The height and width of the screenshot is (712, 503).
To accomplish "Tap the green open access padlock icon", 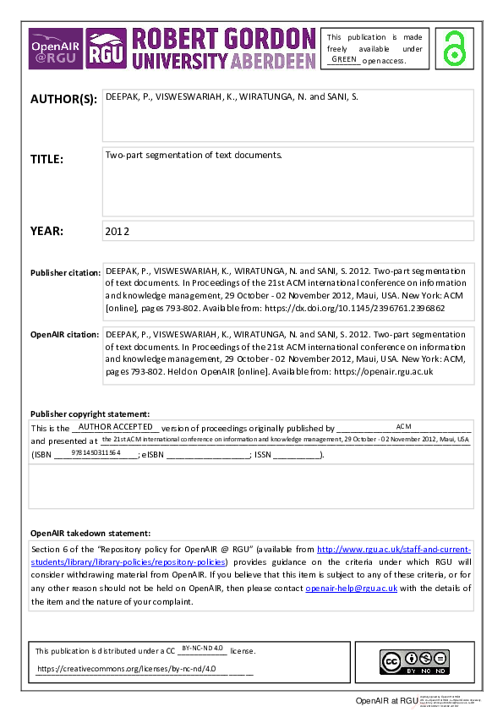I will click(x=456, y=47).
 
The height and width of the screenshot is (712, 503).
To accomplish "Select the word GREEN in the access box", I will click(x=344, y=59).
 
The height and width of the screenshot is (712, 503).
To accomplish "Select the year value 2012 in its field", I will click(x=117, y=230).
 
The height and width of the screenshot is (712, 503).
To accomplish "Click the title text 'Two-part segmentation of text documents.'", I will click(x=193, y=156).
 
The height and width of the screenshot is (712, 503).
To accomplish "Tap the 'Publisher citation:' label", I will click(x=65, y=273).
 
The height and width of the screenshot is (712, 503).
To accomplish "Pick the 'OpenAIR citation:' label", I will click(x=65, y=335).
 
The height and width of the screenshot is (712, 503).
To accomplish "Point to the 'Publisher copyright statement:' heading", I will click(x=90, y=414).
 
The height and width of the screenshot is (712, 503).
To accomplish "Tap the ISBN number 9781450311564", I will click(x=96, y=453).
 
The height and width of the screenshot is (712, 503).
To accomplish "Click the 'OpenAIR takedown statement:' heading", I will click(x=90, y=534).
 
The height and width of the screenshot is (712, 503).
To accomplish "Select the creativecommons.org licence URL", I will click(x=126, y=669).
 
